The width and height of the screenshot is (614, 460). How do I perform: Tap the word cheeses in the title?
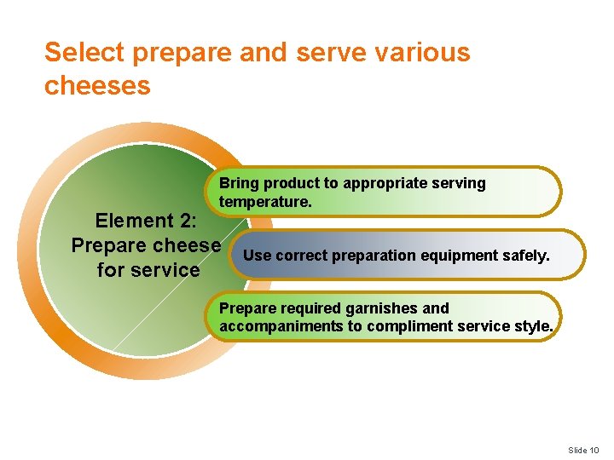(x=97, y=85)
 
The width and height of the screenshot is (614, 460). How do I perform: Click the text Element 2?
(x=146, y=221)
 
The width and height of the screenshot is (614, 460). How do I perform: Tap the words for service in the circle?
(x=148, y=270)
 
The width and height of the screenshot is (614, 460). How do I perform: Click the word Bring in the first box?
(x=239, y=183)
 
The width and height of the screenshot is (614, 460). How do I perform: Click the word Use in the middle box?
(x=257, y=256)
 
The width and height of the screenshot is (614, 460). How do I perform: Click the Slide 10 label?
(x=584, y=450)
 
